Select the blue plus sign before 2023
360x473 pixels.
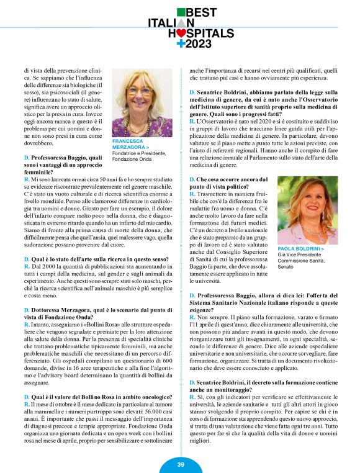(x=181, y=43)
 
